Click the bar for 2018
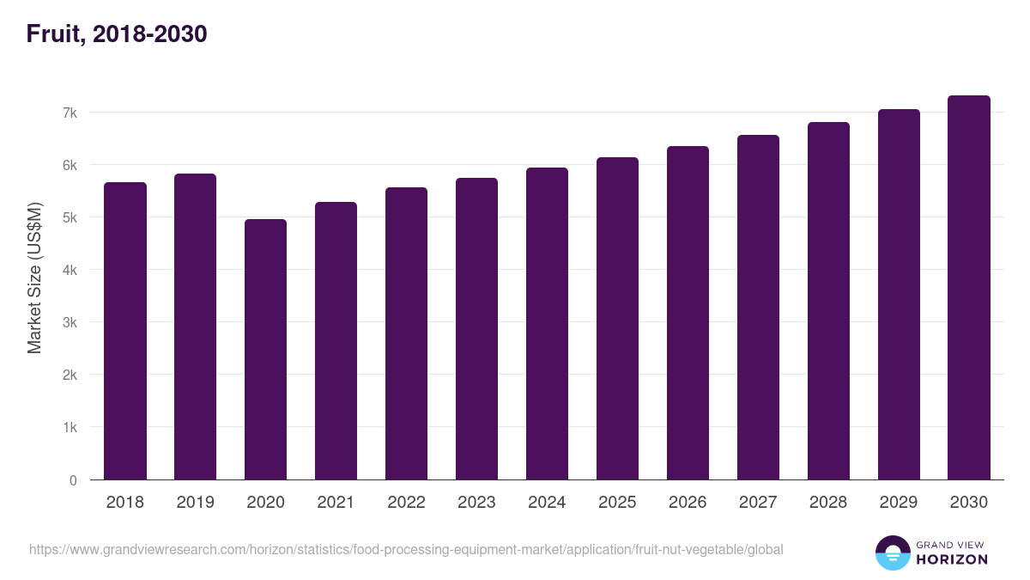pos(125,331)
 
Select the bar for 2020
pos(266,350)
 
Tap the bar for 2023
pos(477,329)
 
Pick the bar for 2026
pos(688,313)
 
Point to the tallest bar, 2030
pos(969,288)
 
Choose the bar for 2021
pos(336,341)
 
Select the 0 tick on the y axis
pos(74,480)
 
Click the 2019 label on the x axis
pos(196,503)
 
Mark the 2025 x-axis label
pos(618,503)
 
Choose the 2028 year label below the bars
pos(829,503)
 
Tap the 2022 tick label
pos(407,503)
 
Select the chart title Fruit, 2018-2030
pos(117,34)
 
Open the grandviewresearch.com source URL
pos(406,549)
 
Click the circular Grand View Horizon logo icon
pos(893,553)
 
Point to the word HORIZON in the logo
pos(952,559)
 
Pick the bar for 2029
pos(900,295)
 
